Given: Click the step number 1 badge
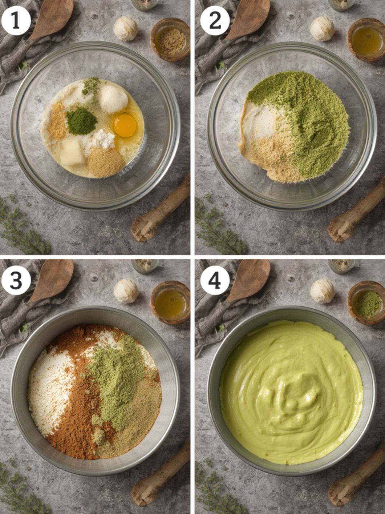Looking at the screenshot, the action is click(x=16, y=21).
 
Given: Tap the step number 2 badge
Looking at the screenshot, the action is click(x=215, y=21).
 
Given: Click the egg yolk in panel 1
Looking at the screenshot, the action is click(x=125, y=125).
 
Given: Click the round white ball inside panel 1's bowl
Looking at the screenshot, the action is click(x=113, y=99).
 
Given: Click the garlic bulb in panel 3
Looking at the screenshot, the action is click(x=126, y=292).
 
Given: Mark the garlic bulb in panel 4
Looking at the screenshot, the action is click(x=322, y=292).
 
